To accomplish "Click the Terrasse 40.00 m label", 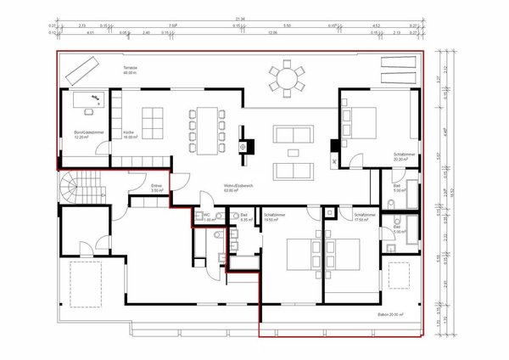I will [129, 70].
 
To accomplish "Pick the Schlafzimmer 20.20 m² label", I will [402, 156].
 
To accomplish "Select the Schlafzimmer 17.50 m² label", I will [366, 217].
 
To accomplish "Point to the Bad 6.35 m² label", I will [244, 217].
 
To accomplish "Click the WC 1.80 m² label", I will [207, 217].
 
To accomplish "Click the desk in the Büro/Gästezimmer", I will [87, 107].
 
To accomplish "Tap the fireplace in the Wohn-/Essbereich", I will [246, 145].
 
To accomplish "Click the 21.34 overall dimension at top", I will [243, 18].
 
